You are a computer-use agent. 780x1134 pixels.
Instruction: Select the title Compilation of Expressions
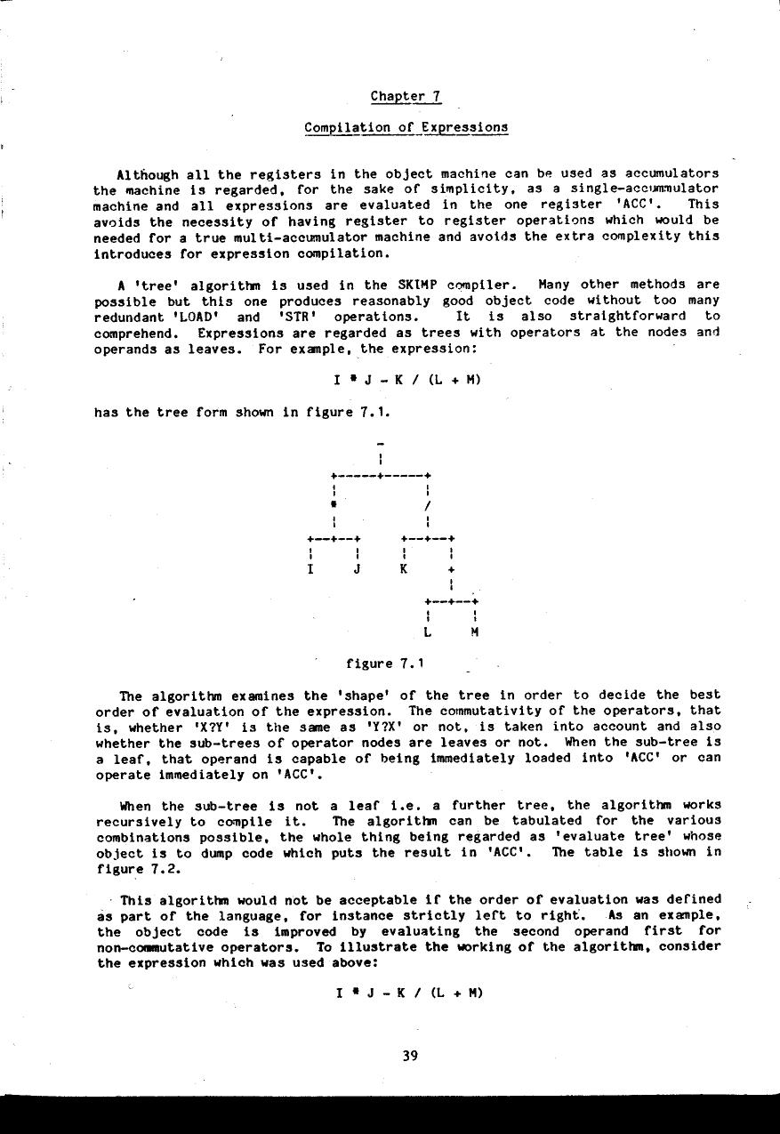[x=406, y=127]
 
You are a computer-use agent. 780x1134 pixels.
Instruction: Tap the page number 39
[x=409, y=1056]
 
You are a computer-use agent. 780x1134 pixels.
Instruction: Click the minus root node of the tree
[x=380, y=443]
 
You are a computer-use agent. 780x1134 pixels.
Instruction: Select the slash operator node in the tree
[x=429, y=506]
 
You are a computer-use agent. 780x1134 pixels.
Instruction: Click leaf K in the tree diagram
[x=404, y=569]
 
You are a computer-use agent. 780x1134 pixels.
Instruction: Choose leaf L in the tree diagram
[x=429, y=632]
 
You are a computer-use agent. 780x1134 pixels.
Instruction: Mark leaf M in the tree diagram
[x=476, y=632]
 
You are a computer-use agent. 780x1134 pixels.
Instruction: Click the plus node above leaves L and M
[x=452, y=569]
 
